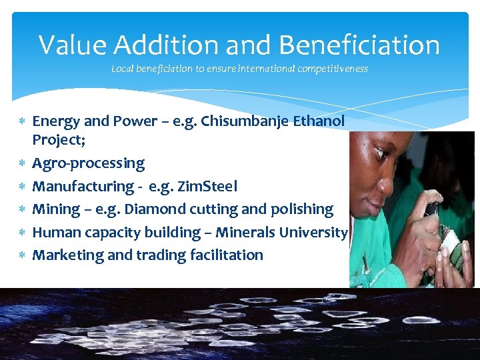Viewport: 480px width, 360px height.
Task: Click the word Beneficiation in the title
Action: pyautogui.click(x=359, y=45)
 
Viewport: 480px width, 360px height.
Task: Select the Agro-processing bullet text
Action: pyautogui.click(x=88, y=163)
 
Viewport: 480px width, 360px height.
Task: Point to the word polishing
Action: pyautogui.click(x=300, y=209)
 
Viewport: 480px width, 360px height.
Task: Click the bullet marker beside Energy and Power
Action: pyautogui.click(x=22, y=121)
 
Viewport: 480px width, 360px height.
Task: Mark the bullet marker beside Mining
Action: pyautogui.click(x=22, y=209)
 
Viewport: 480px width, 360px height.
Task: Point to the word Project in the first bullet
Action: pyautogui.click(x=55, y=141)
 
